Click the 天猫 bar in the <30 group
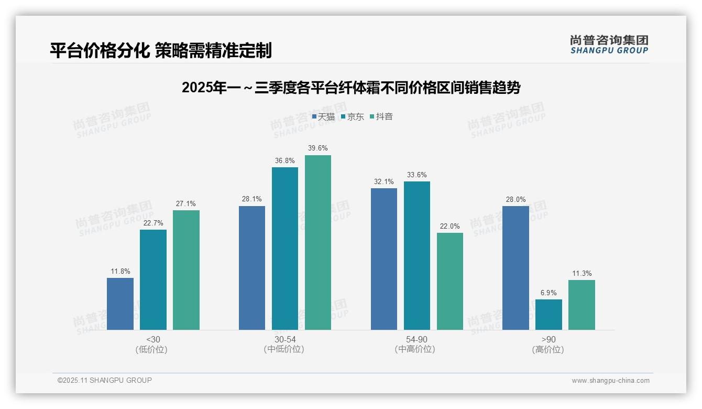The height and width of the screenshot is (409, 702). pyautogui.click(x=120, y=304)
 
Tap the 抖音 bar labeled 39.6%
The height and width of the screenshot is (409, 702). pyautogui.click(x=317, y=242)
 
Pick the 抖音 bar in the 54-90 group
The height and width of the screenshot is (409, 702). pyautogui.click(x=449, y=281)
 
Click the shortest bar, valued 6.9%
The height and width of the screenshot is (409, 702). pyautogui.click(x=549, y=315)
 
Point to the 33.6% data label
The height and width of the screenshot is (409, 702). pyautogui.click(x=416, y=175)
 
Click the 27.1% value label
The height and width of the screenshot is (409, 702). pyautogui.click(x=186, y=204)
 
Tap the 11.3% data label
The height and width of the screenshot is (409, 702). pyautogui.click(x=582, y=274)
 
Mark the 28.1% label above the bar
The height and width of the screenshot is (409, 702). pyautogui.click(x=252, y=199)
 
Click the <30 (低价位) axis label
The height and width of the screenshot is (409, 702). pyautogui.click(x=153, y=345)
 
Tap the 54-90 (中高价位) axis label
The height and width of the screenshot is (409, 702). pyautogui.click(x=416, y=345)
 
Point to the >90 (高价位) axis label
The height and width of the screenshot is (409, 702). pyautogui.click(x=549, y=345)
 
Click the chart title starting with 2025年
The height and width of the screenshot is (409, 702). pyautogui.click(x=351, y=88)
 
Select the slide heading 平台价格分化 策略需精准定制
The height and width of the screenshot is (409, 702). pyautogui.click(x=161, y=50)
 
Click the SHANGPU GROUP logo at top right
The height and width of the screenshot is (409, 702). pyautogui.click(x=609, y=45)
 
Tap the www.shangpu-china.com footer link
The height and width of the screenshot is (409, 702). pyautogui.click(x=610, y=381)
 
